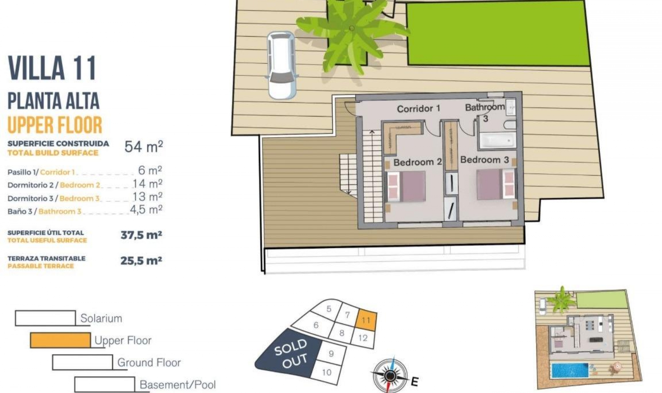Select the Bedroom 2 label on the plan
click(x=417, y=162)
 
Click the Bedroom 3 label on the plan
click(x=484, y=160)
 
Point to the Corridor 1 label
click(x=418, y=109)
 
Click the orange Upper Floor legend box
click(x=60, y=340)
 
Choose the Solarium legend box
click(x=45, y=318)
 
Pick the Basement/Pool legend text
click(x=178, y=384)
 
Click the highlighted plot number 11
click(x=366, y=320)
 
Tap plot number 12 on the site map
click(x=363, y=338)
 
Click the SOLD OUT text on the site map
click(x=291, y=353)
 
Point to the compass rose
click(x=390, y=375)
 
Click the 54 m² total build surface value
click(x=143, y=147)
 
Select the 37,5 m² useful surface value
click(x=141, y=235)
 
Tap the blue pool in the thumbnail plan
click(x=570, y=370)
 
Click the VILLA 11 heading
click(x=52, y=68)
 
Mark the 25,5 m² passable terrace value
click(x=141, y=261)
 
